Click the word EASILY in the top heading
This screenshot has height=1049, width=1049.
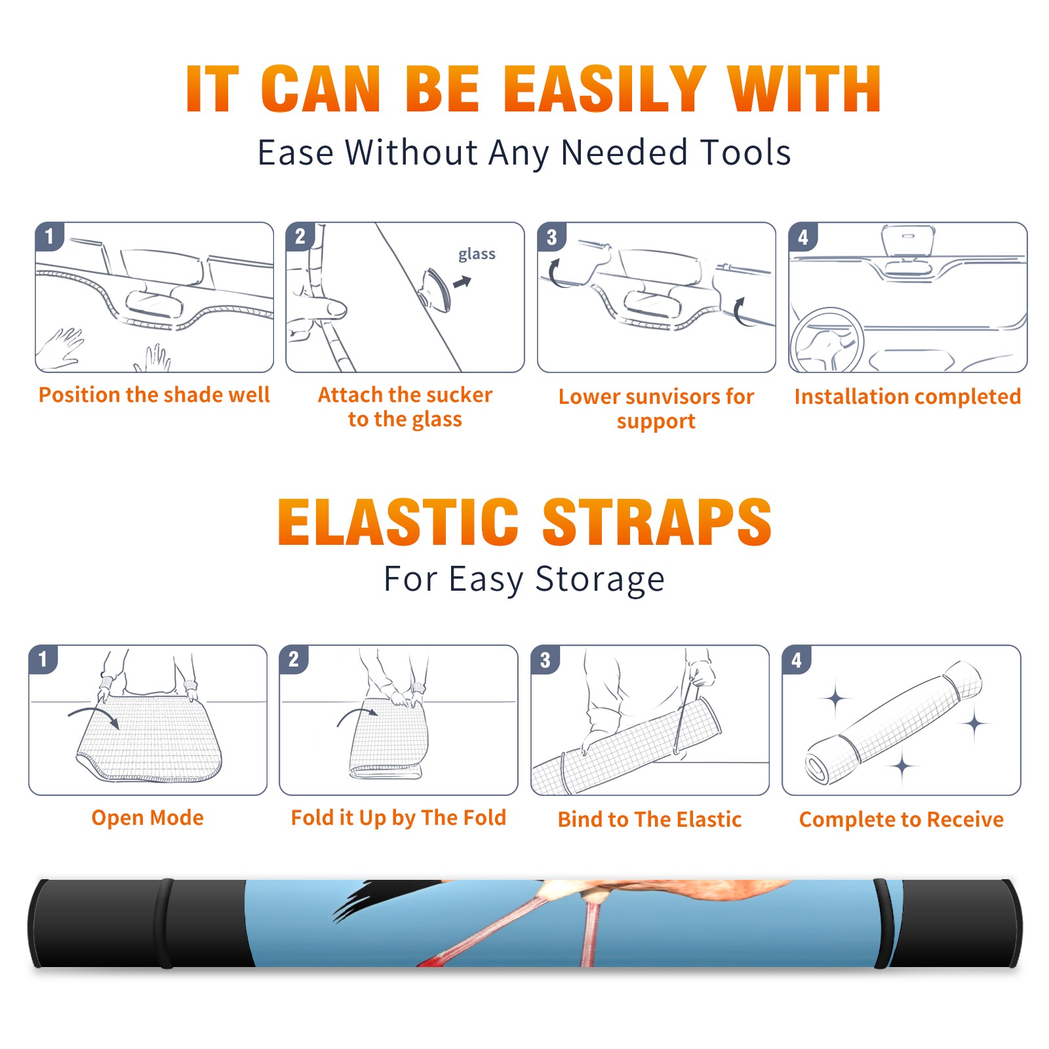click(x=604, y=89)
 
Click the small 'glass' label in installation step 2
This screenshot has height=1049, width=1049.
click(x=477, y=254)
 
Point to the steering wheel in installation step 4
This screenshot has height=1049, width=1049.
click(x=827, y=341)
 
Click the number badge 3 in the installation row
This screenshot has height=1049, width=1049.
click(x=551, y=237)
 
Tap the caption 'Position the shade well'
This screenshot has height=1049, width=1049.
click(x=154, y=395)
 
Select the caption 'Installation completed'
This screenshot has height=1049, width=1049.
click(x=907, y=397)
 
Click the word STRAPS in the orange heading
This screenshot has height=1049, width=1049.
click(x=657, y=522)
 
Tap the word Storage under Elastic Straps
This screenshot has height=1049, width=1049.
click(x=600, y=580)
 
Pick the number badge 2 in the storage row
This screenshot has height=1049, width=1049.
click(x=294, y=660)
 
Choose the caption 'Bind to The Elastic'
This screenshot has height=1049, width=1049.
click(x=650, y=820)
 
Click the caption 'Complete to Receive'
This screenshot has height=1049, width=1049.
click(x=901, y=820)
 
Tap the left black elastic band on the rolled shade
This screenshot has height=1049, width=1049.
click(x=166, y=924)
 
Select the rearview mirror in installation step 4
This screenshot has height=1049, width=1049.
click(x=908, y=241)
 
